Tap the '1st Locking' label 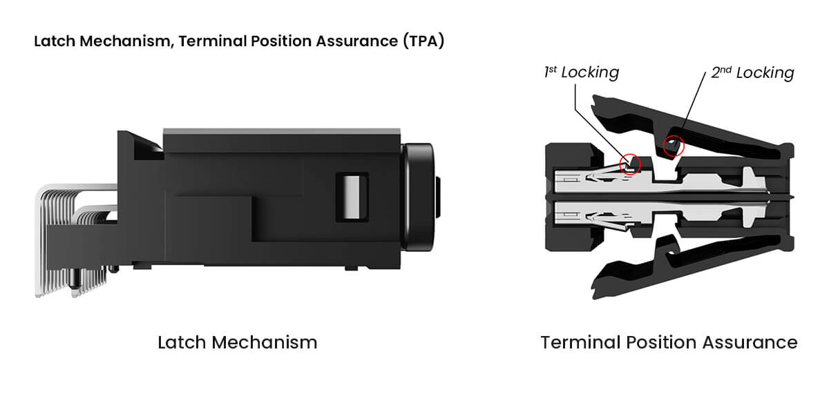point(581,72)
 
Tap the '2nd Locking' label point(752,72)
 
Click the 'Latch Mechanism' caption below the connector point(238,342)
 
